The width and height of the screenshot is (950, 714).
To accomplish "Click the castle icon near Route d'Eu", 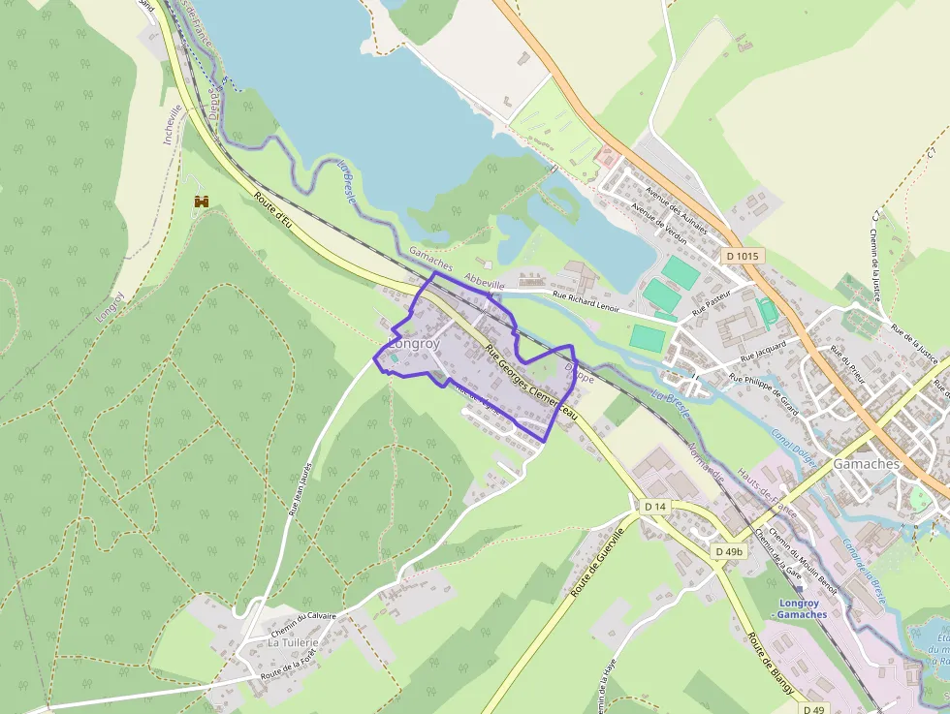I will [203, 202].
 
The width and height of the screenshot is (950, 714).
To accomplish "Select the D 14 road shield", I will [655, 507].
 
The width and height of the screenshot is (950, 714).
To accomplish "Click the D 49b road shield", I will [728, 551].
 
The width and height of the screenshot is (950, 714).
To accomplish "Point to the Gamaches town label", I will [866, 464].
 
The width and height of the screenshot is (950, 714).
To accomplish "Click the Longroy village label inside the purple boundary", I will [414, 344].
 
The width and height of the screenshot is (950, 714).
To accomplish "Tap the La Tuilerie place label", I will [294, 642].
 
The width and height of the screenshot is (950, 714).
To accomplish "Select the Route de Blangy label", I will [771, 664].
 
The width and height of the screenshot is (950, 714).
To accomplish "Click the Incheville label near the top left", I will [171, 124].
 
